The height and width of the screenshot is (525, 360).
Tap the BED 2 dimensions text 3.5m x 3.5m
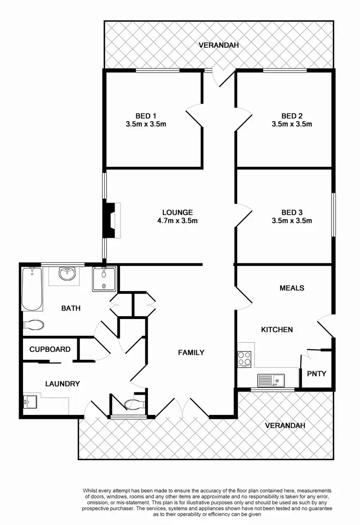coord(292,124)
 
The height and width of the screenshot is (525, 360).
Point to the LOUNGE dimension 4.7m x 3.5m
coord(177,221)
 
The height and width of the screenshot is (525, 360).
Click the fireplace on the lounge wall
coord(111,220)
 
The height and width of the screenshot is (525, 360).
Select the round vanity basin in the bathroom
coord(66,274)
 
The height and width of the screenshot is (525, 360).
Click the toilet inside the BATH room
coord(34,325)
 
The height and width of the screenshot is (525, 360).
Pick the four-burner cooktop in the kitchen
coord(244,359)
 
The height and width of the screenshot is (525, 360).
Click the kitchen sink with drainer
coord(271,381)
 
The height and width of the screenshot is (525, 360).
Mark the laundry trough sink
coord(31,401)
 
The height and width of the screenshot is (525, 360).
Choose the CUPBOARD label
coord(50,349)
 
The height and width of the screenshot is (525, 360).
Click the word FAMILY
coord(191,352)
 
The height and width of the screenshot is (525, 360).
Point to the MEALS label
coord(292,288)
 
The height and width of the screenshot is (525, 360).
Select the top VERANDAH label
coord(219,46)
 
